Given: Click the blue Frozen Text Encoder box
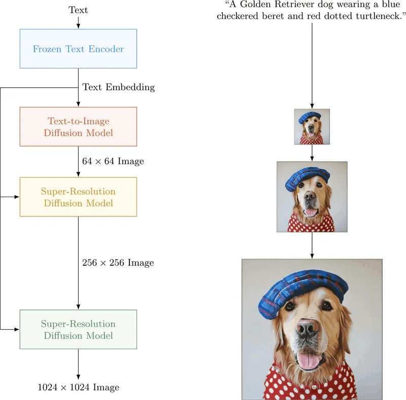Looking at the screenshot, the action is pyautogui.click(x=78, y=49).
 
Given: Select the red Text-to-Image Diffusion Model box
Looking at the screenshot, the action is pyautogui.click(x=78, y=127).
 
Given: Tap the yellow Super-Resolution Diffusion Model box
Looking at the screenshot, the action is pyautogui.click(x=78, y=197).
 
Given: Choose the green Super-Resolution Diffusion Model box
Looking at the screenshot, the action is pyautogui.click(x=78, y=329).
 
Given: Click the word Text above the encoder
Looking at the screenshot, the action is pyautogui.click(x=78, y=10).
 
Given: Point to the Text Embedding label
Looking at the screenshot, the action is pyautogui.click(x=119, y=87).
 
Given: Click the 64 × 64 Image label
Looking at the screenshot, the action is pyautogui.click(x=113, y=161).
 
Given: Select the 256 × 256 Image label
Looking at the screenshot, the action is pyautogui.click(x=118, y=263).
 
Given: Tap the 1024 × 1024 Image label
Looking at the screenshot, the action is pyautogui.click(x=79, y=387).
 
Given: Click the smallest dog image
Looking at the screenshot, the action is pyautogui.click(x=312, y=127).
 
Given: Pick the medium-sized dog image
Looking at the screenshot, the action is pyautogui.click(x=312, y=197).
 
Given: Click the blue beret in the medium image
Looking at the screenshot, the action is pyautogui.click(x=308, y=177).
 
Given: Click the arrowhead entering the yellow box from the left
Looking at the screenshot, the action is pyautogui.click(x=17, y=197).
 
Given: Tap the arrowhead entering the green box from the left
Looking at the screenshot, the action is pyautogui.click(x=17, y=329).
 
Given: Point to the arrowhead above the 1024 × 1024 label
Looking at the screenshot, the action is pyautogui.click(x=78, y=377).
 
